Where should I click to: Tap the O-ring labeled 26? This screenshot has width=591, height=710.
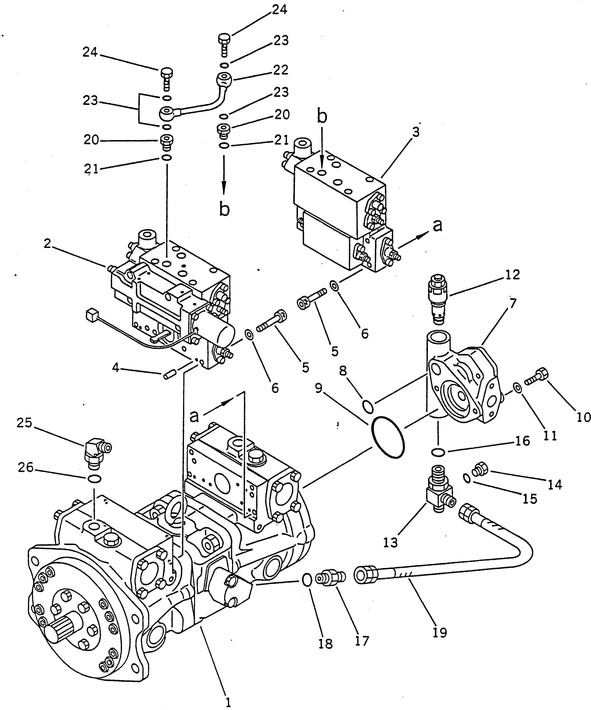[94, 479]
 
